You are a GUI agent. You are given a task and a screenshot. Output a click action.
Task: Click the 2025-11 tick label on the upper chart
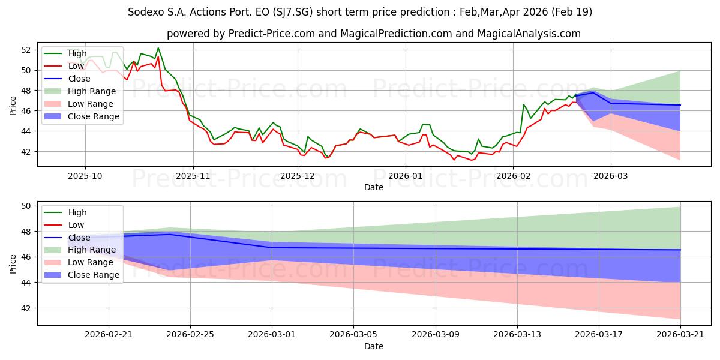[193, 176]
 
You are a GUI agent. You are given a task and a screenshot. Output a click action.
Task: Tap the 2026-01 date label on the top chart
[406, 176]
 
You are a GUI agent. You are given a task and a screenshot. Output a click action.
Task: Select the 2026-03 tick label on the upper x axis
[610, 176]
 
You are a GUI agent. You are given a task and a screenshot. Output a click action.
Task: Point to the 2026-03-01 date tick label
[272, 334]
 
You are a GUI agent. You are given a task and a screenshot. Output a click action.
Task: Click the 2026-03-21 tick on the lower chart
[680, 334]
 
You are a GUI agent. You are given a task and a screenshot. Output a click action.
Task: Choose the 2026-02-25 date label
[190, 334]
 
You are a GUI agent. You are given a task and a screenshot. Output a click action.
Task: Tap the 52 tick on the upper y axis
[26, 50]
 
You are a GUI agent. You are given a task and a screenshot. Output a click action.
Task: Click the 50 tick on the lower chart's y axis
[26, 206]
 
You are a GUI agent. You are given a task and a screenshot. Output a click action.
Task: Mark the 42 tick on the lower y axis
[26, 308]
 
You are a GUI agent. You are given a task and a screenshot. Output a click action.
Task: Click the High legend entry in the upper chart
[77, 53]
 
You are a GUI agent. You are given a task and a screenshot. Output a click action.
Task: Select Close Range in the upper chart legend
[93, 116]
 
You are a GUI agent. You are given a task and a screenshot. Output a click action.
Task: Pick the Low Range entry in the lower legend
[91, 262]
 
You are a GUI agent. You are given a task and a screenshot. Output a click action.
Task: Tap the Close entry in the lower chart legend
[79, 238]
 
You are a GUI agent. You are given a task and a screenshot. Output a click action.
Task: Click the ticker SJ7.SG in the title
[292, 12]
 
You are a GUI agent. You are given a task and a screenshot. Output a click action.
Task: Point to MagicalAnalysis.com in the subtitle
[529, 34]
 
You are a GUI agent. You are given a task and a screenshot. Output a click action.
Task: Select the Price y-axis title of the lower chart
[13, 264]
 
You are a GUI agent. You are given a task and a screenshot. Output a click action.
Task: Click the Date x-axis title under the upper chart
[373, 187]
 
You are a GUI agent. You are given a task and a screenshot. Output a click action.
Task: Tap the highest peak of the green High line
[158, 48]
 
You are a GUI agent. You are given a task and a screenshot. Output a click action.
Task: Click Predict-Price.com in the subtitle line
[272, 34]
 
